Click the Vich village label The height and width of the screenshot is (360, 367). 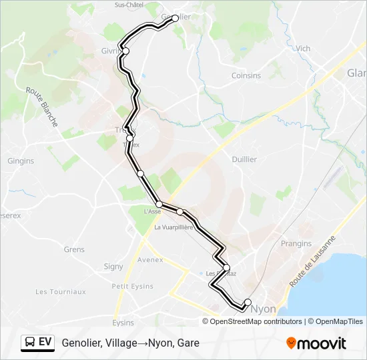point(303,48)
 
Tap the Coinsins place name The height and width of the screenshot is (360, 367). point(246,75)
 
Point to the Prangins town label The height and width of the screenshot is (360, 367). point(297,244)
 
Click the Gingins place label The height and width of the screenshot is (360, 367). point(20,161)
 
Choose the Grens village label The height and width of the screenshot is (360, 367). point(74,250)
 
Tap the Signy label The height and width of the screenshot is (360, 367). point(113,267)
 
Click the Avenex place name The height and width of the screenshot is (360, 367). point(149,260)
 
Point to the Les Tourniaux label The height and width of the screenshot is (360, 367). point(61,291)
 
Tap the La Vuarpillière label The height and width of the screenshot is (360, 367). point(173,227)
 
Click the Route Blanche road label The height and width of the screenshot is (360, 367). point(41,107)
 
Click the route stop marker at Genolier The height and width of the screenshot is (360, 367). point(175,19)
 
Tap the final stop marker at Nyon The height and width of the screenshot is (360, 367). point(248,302)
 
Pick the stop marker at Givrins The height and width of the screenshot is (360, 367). point(125,51)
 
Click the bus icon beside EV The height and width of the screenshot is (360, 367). point(29,343)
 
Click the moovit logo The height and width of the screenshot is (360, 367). point(316,343)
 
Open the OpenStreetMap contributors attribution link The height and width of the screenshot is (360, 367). point(256,321)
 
